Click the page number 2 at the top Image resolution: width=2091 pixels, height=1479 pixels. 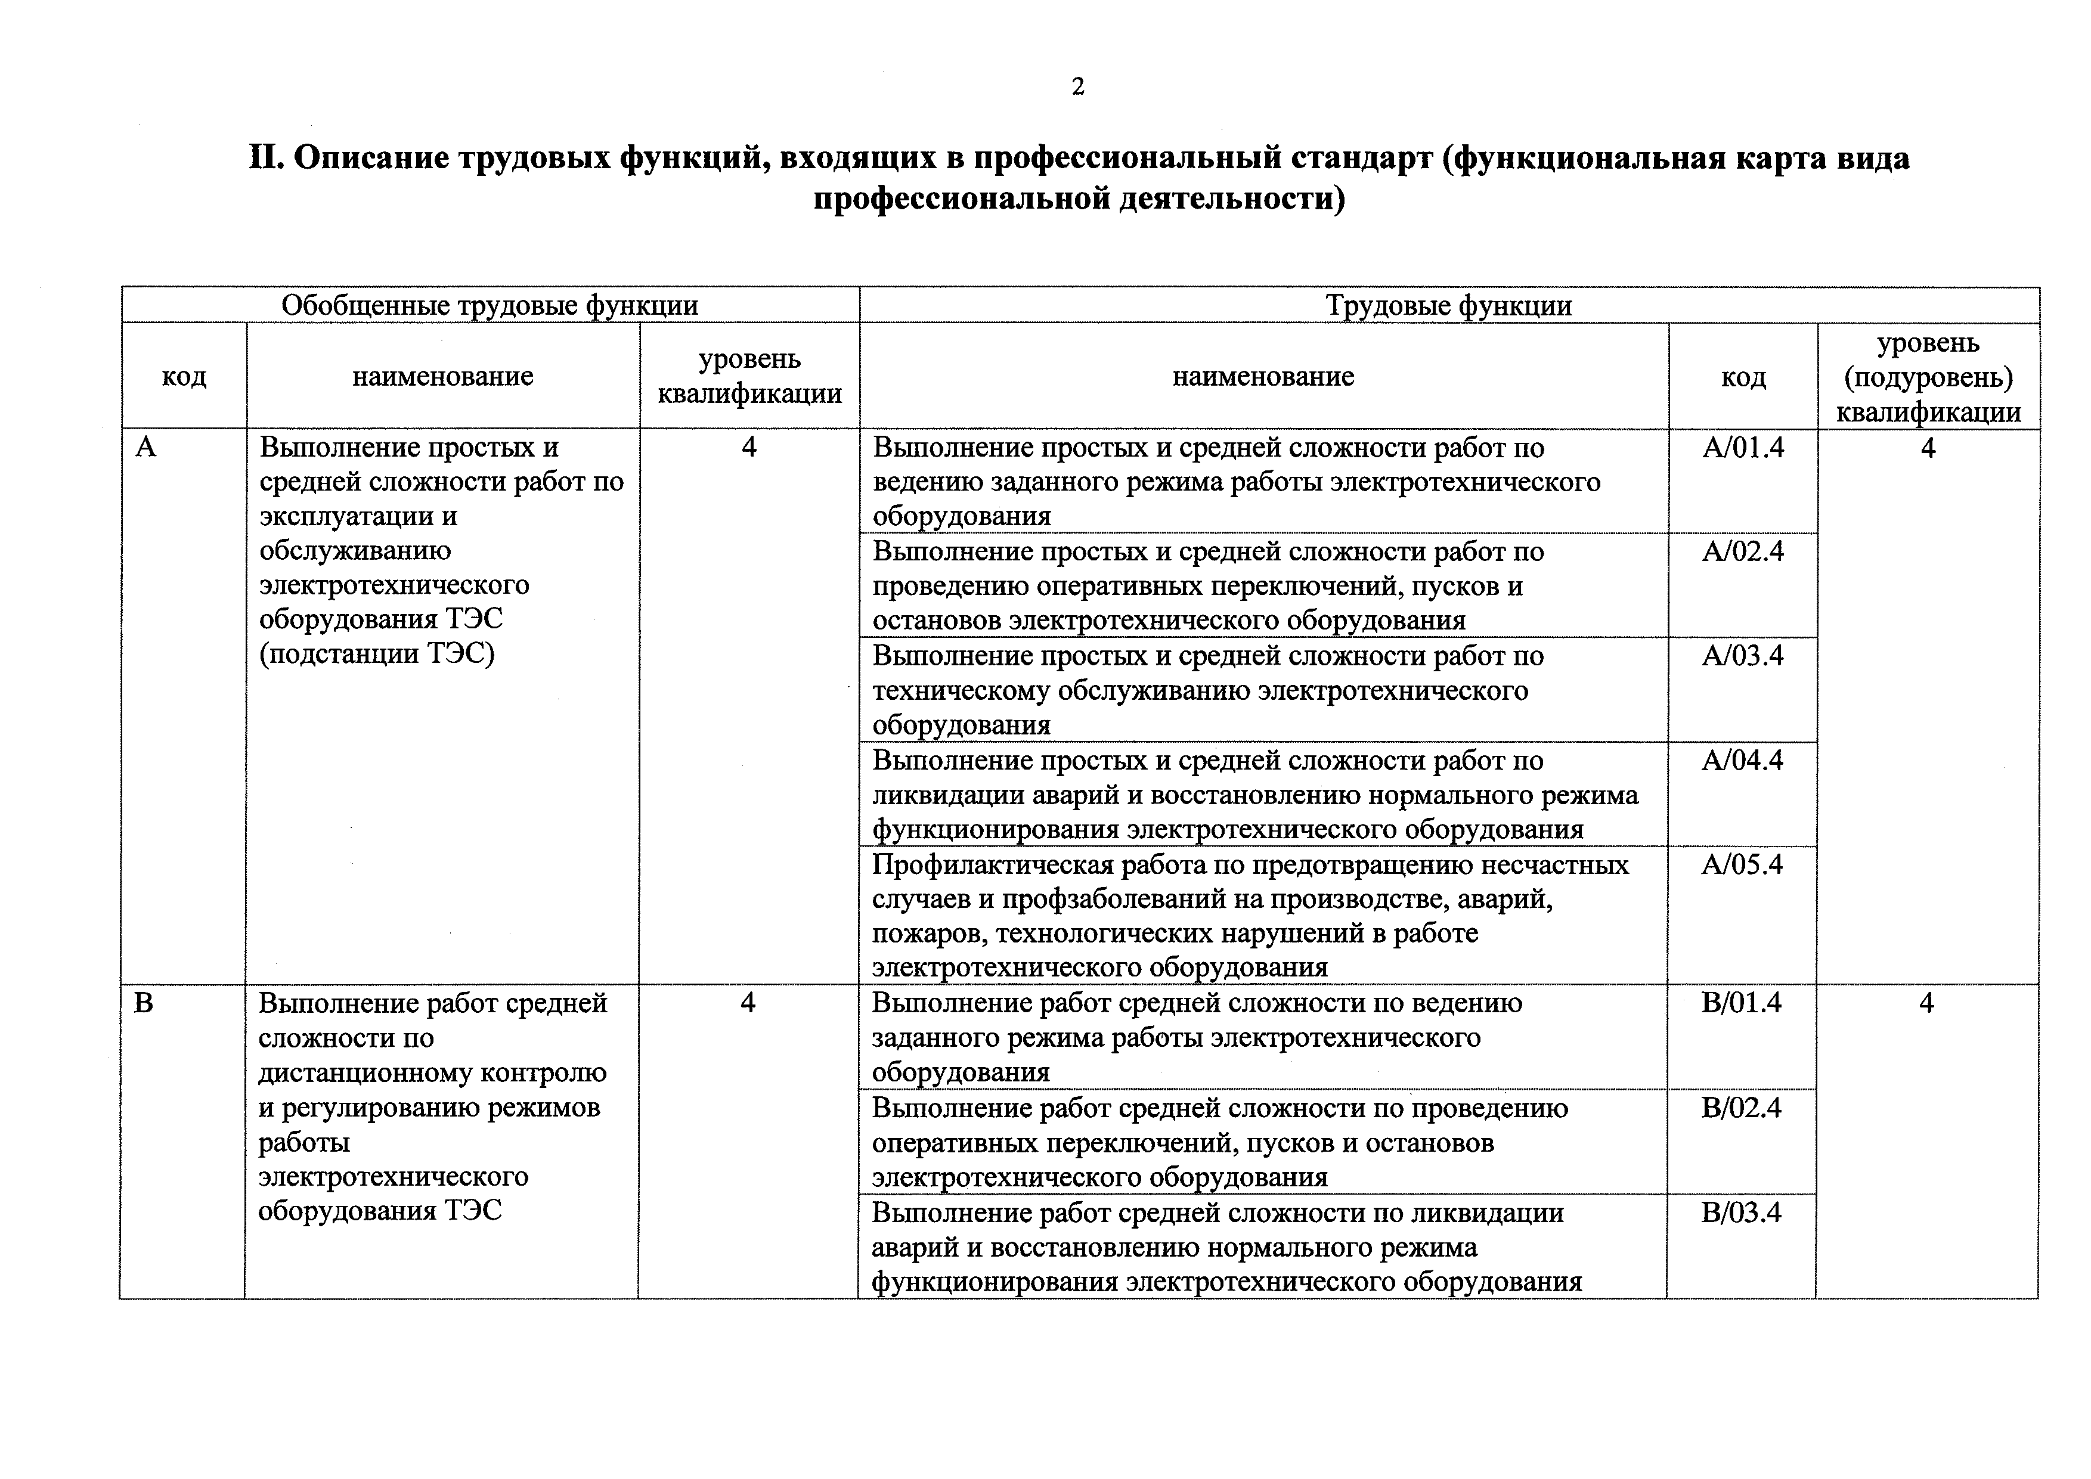[x=1077, y=88]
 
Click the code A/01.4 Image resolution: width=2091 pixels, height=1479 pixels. [x=1742, y=447]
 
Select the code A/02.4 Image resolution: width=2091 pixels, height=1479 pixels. [x=1742, y=551]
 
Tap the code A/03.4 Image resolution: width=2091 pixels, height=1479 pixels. [x=1742, y=656]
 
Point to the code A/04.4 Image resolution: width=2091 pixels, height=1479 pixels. [x=1742, y=759]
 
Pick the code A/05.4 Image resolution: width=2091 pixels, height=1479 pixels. [x=1742, y=863]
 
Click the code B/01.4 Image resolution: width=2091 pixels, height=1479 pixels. [x=1740, y=1003]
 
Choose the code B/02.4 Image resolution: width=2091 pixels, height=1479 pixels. [x=1740, y=1108]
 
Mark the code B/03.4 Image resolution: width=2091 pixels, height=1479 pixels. [x=1740, y=1212]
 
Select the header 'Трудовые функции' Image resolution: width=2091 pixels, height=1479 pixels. [x=1448, y=305]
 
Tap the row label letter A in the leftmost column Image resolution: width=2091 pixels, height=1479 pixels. [x=145, y=447]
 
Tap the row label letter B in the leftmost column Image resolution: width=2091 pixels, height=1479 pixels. [x=144, y=1003]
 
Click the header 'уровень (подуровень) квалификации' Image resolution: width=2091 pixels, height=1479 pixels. [x=1928, y=377]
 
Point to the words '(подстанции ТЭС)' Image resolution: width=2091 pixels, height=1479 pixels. [x=377, y=654]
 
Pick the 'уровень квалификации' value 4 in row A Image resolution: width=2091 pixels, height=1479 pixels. [x=749, y=447]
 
